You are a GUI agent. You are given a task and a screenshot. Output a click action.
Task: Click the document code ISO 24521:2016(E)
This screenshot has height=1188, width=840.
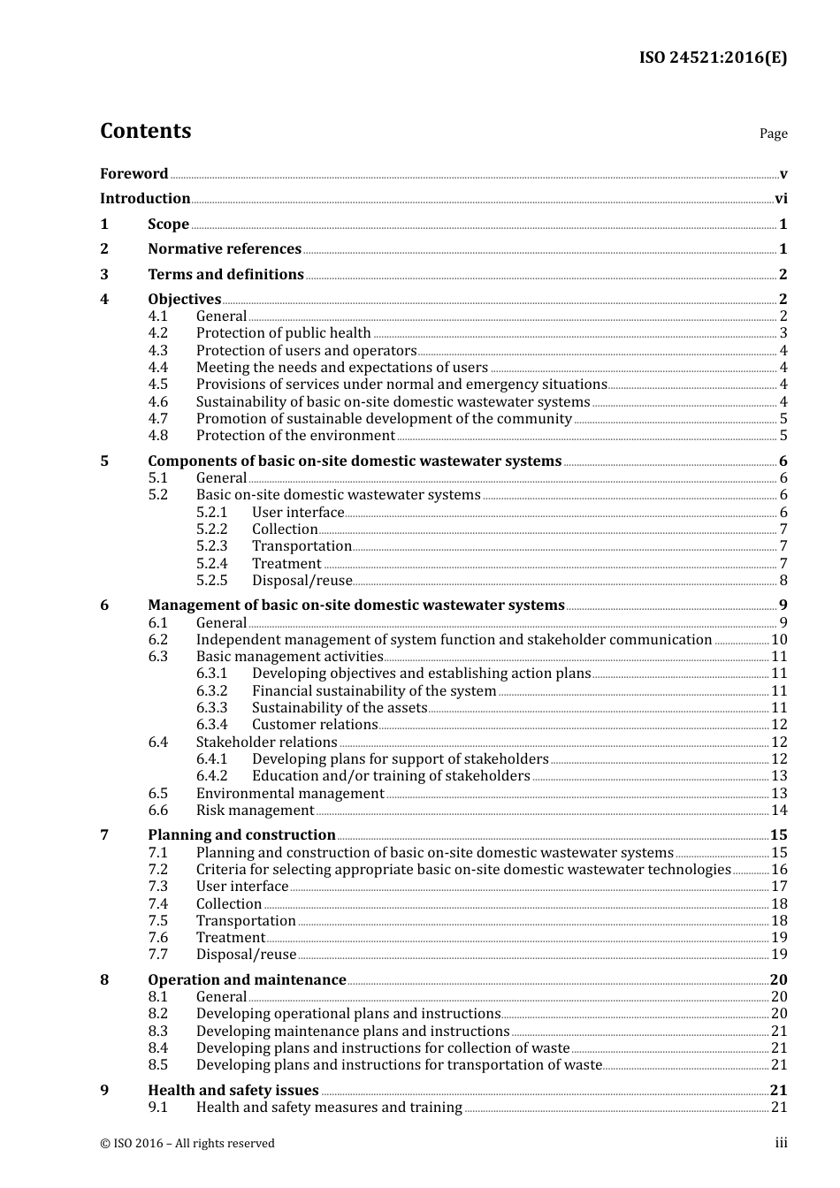[x=713, y=57]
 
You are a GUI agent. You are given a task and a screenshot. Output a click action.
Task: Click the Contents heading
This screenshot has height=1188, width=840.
[x=145, y=131]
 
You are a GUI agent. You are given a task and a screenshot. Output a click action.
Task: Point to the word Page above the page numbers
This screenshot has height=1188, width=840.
[x=773, y=133]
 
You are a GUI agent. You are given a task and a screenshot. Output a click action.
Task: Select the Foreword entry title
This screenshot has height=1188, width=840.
[x=134, y=174]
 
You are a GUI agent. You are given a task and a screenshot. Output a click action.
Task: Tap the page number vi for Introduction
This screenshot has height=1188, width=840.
[x=781, y=199]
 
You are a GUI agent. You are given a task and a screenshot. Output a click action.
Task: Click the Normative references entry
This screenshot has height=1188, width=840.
[x=225, y=249]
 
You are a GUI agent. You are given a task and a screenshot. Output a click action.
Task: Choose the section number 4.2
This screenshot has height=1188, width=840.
[x=157, y=333]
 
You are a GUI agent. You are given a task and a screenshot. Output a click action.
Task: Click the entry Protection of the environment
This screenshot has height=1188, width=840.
[x=295, y=436]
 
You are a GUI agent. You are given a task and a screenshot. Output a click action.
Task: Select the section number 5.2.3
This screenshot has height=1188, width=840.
[x=211, y=546]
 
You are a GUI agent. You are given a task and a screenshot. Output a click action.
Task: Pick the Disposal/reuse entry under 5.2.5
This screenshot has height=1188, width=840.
[x=302, y=581]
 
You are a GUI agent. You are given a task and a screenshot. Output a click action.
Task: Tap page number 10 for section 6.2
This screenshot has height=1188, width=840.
[x=779, y=640]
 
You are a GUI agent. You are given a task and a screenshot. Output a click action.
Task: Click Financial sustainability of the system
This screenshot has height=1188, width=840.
[x=374, y=691]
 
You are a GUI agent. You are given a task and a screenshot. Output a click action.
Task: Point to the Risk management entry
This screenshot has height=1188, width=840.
[x=255, y=811]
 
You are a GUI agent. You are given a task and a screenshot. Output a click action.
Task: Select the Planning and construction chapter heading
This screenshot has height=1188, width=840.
[x=241, y=835]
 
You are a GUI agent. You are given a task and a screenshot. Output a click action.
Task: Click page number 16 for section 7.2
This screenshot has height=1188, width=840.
[x=779, y=870]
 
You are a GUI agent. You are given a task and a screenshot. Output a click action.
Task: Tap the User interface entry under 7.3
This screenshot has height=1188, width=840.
[x=242, y=887]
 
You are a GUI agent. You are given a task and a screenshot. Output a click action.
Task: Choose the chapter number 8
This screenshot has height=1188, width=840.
[x=104, y=980]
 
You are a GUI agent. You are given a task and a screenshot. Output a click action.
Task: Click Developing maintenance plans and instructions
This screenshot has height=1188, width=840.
[x=353, y=1032]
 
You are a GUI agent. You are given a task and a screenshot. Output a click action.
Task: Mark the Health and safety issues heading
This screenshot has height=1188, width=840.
[x=233, y=1091]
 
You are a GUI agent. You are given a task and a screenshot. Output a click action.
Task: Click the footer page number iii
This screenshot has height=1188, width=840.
[x=781, y=1143]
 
